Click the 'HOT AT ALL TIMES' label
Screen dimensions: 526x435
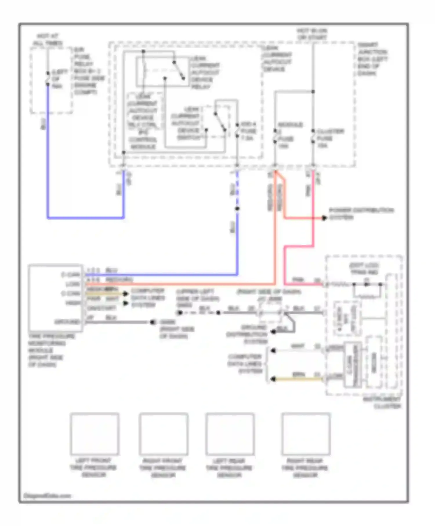click(48, 40)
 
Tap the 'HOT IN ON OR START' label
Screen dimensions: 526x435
click(312, 34)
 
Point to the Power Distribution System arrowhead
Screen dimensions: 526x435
click(324, 218)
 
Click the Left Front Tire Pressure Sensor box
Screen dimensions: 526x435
click(95, 434)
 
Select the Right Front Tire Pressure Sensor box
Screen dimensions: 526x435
click(163, 434)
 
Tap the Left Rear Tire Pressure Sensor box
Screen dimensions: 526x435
click(230, 434)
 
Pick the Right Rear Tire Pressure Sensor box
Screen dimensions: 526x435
click(306, 434)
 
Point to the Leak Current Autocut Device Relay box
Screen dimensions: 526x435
click(162, 71)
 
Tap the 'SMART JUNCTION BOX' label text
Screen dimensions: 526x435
click(372, 59)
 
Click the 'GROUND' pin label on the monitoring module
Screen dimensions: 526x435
click(67, 322)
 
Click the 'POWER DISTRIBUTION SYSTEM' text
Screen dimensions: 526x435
click(361, 213)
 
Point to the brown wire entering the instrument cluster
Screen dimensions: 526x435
click(299, 379)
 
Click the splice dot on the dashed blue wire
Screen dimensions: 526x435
click(237, 208)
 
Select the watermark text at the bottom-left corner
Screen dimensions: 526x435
click(47, 496)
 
